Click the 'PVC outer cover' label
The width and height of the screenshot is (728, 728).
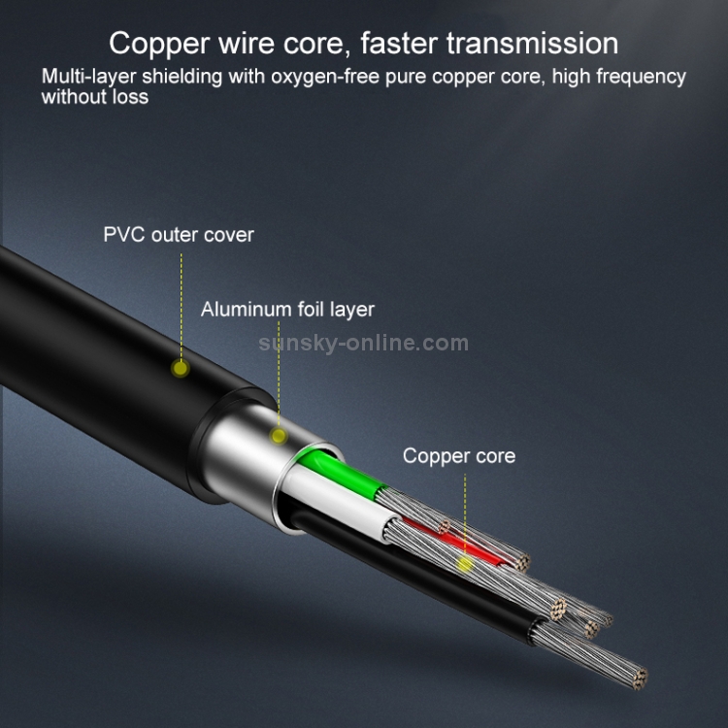(x=179, y=235)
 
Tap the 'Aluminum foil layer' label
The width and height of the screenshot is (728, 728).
(x=287, y=310)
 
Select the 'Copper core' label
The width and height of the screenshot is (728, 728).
(x=459, y=456)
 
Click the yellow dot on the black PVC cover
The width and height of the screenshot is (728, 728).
(x=181, y=369)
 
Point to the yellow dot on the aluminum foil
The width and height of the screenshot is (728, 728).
(x=279, y=436)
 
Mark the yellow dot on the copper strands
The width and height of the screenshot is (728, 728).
(x=464, y=564)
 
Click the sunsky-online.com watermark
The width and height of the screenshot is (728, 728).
(x=364, y=343)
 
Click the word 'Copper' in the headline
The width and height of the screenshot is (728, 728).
(x=159, y=45)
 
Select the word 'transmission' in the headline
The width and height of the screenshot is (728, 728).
(x=533, y=44)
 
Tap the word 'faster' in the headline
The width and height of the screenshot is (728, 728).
(x=399, y=43)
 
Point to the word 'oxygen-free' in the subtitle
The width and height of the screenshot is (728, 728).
(x=325, y=77)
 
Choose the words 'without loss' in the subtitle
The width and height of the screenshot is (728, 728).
(x=95, y=96)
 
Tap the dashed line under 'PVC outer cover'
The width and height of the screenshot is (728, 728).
(x=182, y=307)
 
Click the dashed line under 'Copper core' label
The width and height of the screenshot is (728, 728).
(x=465, y=514)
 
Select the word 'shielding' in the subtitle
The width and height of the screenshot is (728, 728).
(x=182, y=77)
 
